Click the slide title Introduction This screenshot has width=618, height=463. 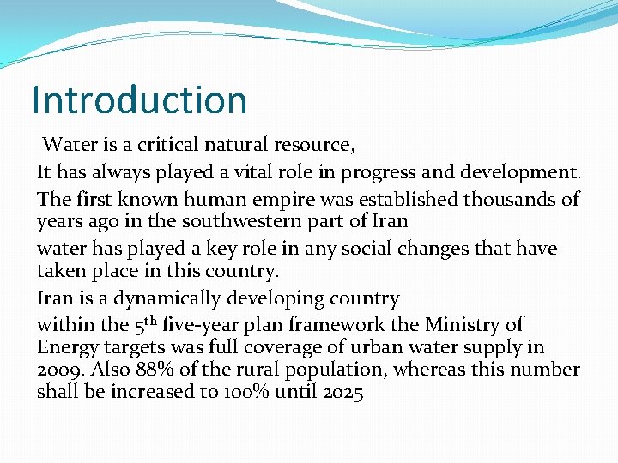[x=139, y=99]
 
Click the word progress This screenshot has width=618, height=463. [x=377, y=171]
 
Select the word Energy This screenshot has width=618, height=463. [x=66, y=348]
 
